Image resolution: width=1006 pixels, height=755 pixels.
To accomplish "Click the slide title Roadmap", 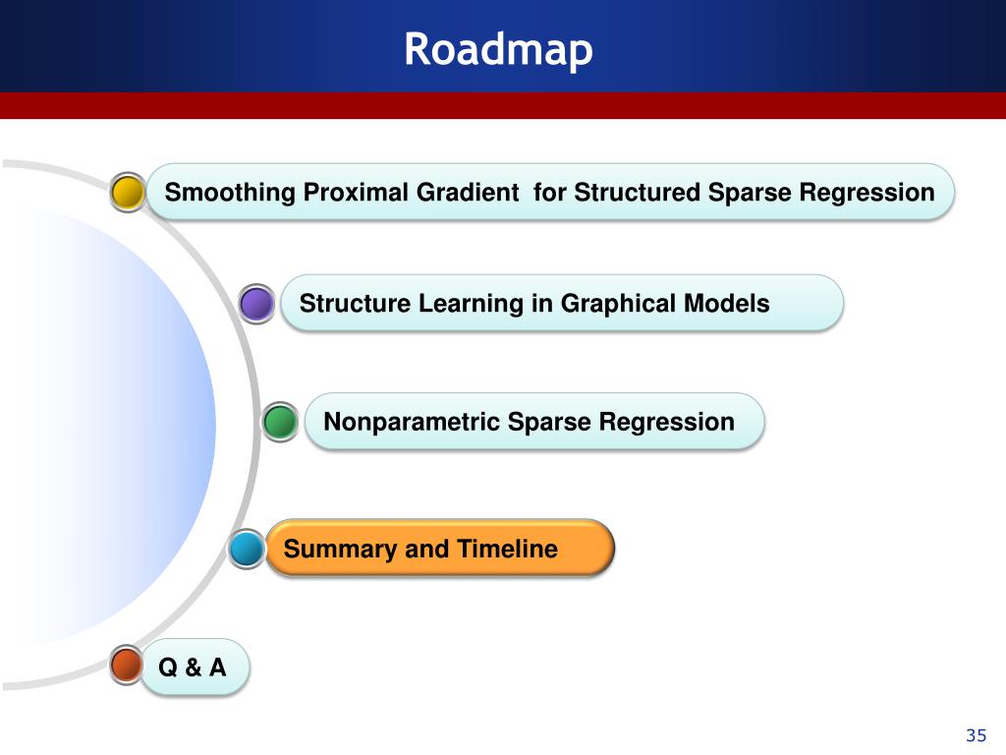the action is pyautogui.click(x=498, y=50).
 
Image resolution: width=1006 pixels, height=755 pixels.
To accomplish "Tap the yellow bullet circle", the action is pyautogui.click(x=128, y=192).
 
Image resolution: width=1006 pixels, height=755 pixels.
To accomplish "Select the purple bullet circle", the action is pyautogui.click(x=256, y=304).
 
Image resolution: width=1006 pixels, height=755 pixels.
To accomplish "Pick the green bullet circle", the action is pyautogui.click(x=280, y=422).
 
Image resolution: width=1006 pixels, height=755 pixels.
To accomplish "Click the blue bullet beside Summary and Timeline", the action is pyautogui.click(x=247, y=549).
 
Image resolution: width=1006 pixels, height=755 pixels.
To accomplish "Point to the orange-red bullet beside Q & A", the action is pyautogui.click(x=127, y=665).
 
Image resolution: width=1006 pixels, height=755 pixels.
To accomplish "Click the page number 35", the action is pyautogui.click(x=976, y=735).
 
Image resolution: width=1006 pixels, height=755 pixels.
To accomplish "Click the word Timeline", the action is pyautogui.click(x=507, y=549).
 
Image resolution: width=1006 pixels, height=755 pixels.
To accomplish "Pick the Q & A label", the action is pyautogui.click(x=193, y=668).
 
